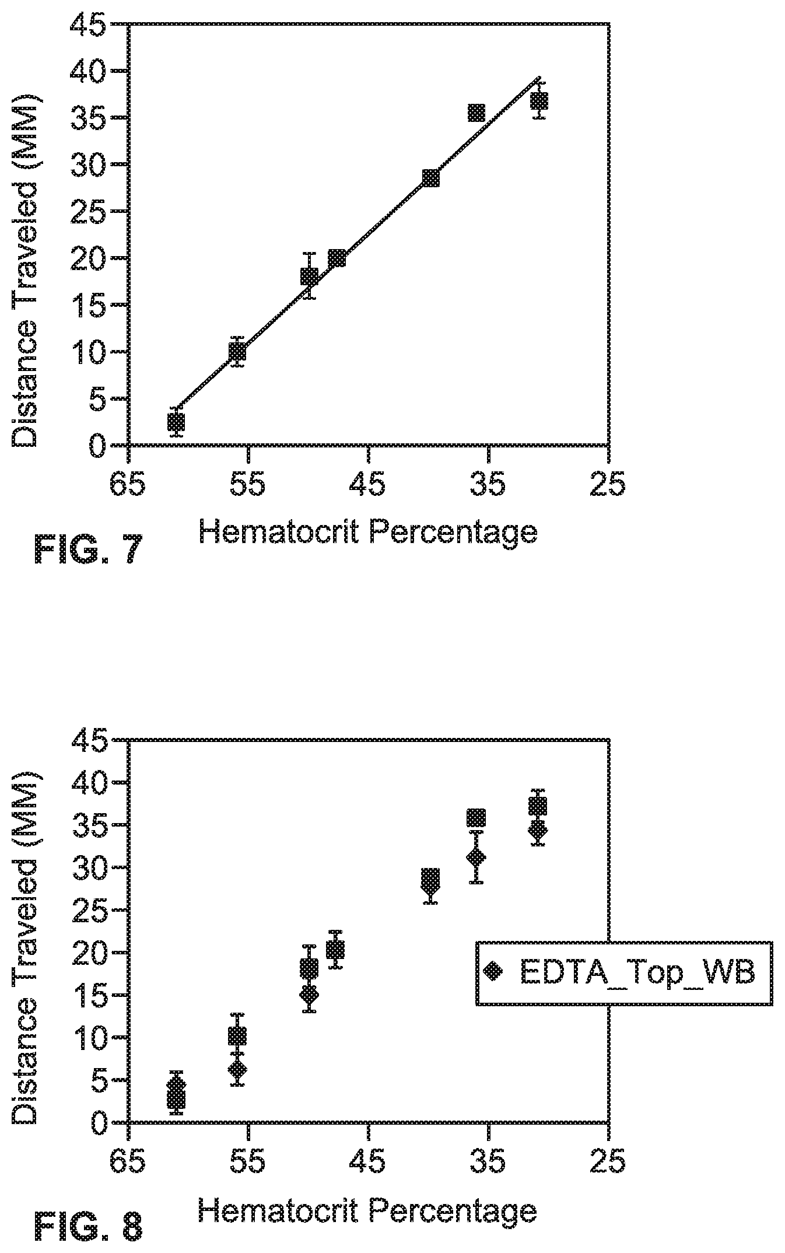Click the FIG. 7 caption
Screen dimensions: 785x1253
tap(88, 549)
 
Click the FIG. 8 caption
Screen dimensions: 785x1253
tap(88, 1224)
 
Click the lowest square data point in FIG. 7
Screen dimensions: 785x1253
tap(176, 422)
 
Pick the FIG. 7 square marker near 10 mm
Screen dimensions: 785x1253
tap(237, 352)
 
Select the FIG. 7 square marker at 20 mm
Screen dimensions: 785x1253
tap(337, 258)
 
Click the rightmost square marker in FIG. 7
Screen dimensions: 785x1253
tap(539, 100)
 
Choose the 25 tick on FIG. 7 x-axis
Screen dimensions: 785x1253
tap(608, 484)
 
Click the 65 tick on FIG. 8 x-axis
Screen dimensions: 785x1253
tap(128, 1160)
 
